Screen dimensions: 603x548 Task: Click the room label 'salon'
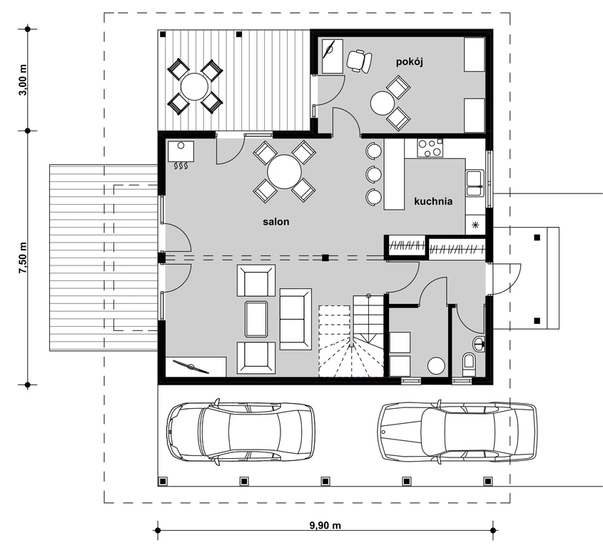coord(275,222)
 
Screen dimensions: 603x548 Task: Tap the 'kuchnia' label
coord(433,201)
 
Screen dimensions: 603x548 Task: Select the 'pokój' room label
coord(410,62)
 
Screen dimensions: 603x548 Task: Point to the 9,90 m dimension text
coord(325,525)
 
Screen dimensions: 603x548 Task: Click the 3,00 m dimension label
coord(23,80)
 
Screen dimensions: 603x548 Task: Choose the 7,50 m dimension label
coord(23,258)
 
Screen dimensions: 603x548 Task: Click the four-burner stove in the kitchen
coord(430,148)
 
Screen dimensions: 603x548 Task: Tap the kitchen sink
coord(475,183)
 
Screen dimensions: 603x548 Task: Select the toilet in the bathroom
coord(469,364)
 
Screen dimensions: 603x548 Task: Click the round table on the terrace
coord(195,86)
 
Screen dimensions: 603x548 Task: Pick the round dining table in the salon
coord(285,171)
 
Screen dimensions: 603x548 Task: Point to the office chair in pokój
coord(359,61)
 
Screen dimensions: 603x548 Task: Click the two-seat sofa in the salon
coord(295,319)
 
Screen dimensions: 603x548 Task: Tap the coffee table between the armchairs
coord(256,319)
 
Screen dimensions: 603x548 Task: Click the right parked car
coord(457,430)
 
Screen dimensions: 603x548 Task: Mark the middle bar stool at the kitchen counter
coord(373,174)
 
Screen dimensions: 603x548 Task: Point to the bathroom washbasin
coord(479,344)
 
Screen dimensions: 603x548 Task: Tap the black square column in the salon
coord(325,258)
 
